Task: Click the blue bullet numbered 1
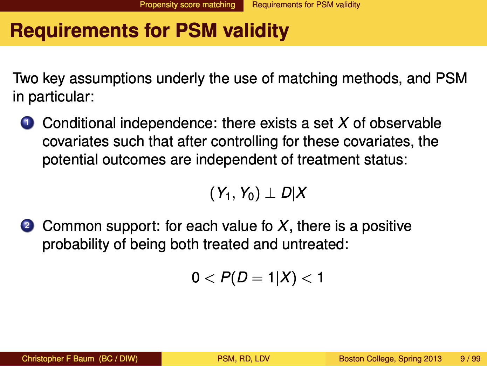27,123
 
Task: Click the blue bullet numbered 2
27,226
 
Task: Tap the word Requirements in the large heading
74,31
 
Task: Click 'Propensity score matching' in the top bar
187,5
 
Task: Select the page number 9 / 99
471,358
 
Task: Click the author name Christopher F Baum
58,358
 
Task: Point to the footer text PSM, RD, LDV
243,358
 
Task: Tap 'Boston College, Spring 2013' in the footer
390,358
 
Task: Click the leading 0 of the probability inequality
196,277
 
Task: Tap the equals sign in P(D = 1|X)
258,278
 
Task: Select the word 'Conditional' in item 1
79,123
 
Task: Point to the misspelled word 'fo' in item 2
267,226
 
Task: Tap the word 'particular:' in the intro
61,97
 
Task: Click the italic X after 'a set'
343,123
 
